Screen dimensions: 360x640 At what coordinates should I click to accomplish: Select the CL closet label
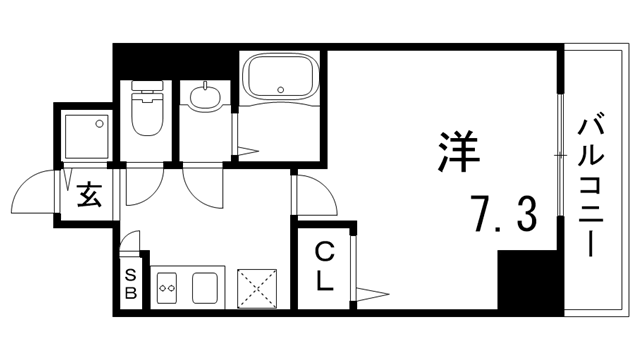coord(325,266)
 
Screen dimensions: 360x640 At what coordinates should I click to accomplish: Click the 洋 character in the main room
coord(456,151)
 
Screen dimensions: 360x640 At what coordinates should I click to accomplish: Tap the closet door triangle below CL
coord(370,294)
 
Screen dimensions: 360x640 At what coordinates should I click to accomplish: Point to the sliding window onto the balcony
coord(559,155)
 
